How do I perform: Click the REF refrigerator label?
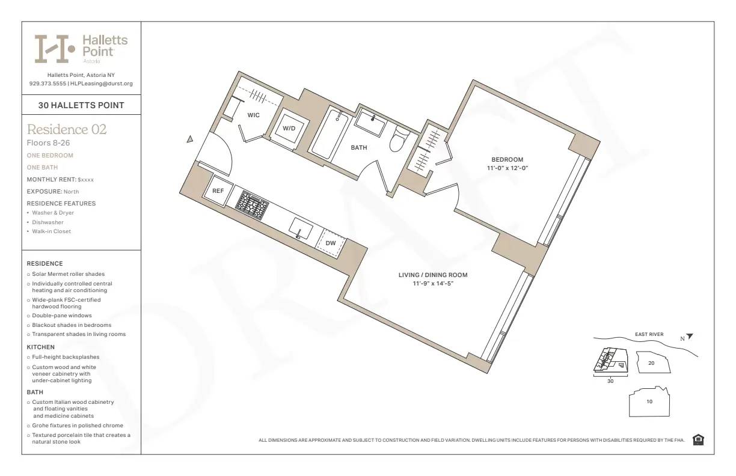218,191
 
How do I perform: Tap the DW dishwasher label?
331,243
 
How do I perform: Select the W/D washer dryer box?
289,128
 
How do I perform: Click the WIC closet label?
254,115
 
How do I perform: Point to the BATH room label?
359,147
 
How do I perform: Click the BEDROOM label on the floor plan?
507,159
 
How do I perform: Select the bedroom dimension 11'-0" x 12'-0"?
508,168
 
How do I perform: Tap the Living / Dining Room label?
432,275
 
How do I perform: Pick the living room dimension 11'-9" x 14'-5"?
432,284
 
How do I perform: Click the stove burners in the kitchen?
252,205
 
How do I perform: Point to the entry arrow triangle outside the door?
190,139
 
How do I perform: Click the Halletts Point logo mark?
55,49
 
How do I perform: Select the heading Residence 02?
67,129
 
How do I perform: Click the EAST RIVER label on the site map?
649,334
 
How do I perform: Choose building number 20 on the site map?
651,363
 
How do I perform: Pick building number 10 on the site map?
649,401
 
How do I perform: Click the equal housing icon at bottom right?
698,440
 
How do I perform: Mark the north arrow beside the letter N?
690,337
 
